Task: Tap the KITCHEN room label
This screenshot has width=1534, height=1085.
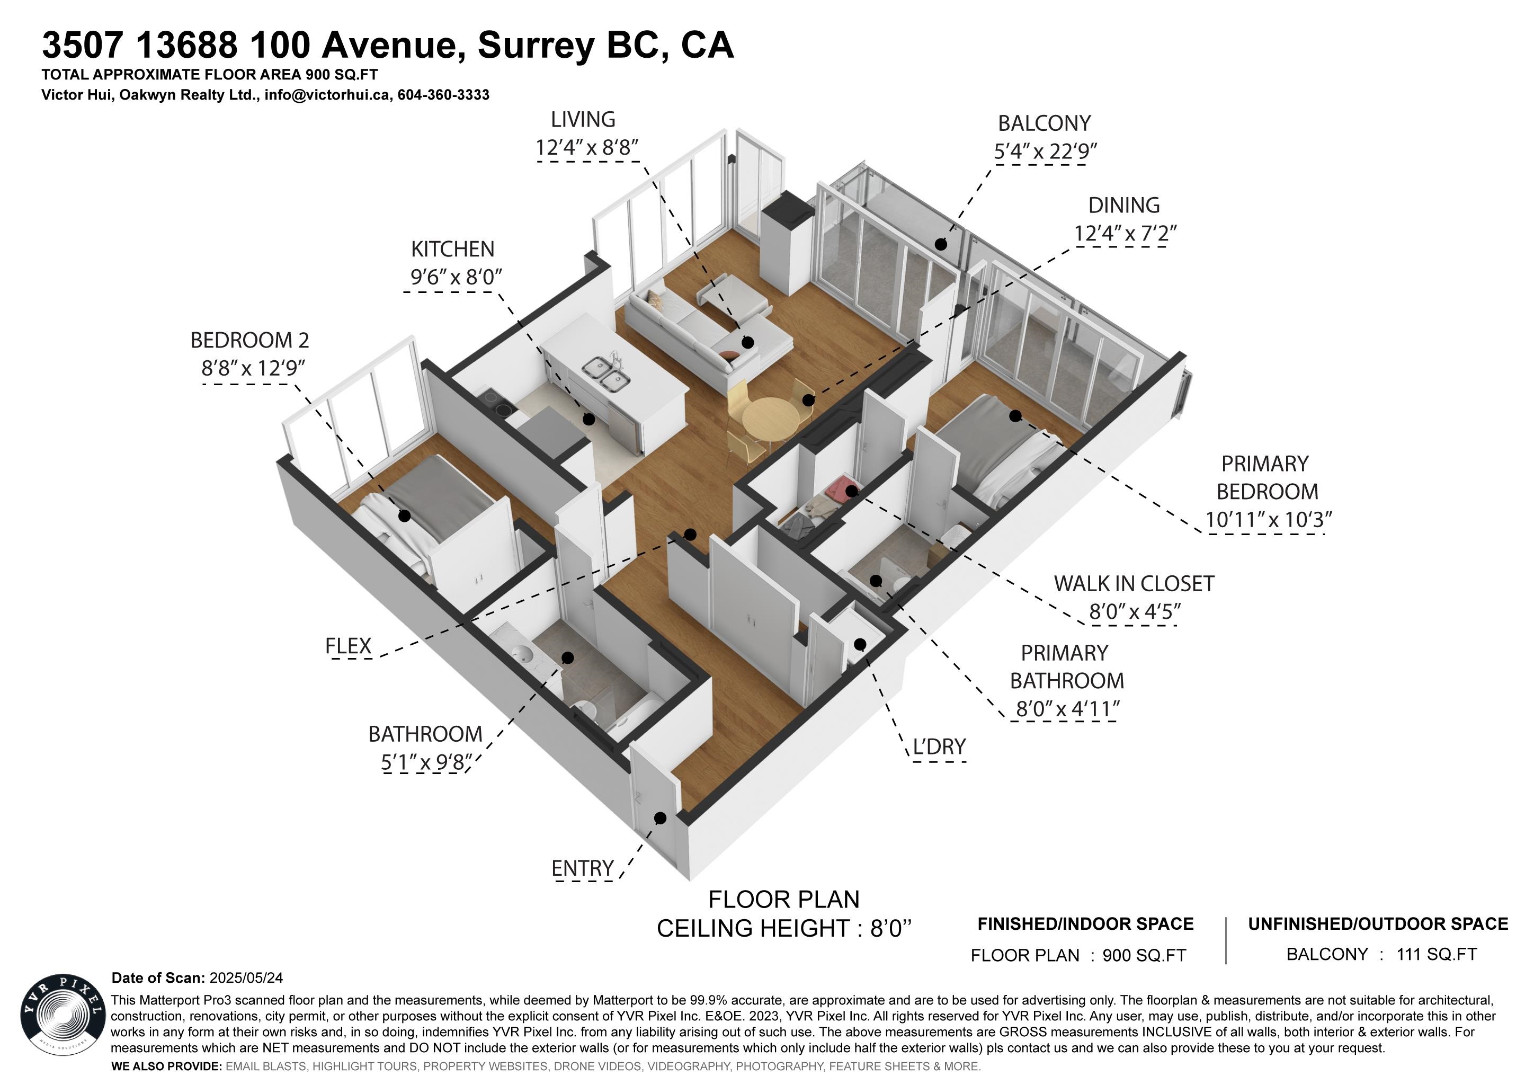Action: (x=452, y=249)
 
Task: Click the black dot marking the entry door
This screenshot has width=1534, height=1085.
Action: (x=660, y=818)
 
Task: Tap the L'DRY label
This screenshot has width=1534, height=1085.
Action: (x=939, y=746)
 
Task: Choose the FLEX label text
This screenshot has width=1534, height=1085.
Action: (x=348, y=646)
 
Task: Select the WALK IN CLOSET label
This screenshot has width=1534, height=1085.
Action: (x=1134, y=584)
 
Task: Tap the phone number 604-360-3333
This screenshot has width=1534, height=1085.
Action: (x=444, y=95)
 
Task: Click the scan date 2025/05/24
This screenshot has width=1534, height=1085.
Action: (x=246, y=978)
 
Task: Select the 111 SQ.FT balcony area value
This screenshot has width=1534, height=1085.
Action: (x=1437, y=954)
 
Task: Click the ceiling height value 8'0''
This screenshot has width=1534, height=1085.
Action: (x=890, y=929)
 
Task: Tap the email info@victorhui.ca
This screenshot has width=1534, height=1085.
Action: (x=327, y=95)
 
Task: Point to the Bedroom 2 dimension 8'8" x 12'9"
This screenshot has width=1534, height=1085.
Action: (x=253, y=368)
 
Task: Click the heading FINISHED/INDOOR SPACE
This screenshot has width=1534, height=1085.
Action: (x=1085, y=924)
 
